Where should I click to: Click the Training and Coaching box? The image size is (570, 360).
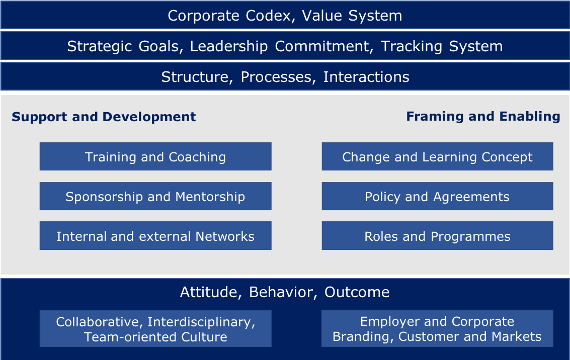point(155,156)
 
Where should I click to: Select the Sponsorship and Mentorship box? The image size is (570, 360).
point(155,196)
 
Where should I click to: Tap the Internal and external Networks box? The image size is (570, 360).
point(155,236)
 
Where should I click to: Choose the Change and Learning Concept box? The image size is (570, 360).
point(437,156)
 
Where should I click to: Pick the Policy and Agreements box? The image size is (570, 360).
point(437,196)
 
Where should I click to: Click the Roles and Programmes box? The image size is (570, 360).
point(437,236)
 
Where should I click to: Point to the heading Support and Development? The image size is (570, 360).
point(104,117)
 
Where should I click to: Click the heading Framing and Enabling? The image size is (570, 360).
point(483,117)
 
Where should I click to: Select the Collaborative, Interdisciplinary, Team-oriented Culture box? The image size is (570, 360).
point(155,329)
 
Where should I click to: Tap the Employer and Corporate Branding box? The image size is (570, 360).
point(437,328)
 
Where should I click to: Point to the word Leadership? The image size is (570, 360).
point(229,46)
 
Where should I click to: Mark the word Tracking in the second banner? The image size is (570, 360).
point(412,47)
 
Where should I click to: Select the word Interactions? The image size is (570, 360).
point(366,77)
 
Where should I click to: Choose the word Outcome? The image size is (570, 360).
point(357,293)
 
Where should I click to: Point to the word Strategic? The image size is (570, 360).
point(100,47)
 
